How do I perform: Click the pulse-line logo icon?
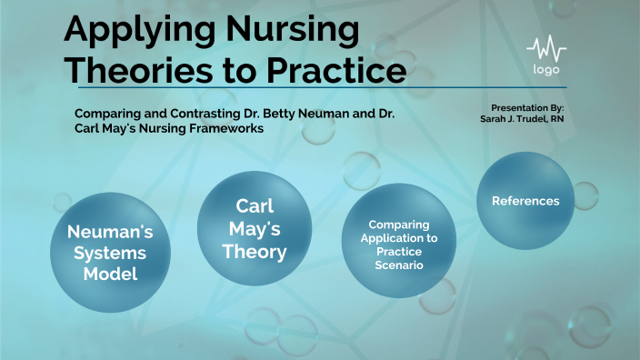pyautogui.click(x=546, y=47)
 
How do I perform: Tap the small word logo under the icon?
pyautogui.click(x=546, y=70)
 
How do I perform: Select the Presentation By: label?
pyautogui.click(x=527, y=107)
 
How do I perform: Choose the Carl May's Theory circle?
pyautogui.click(x=255, y=228)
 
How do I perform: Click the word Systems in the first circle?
pyautogui.click(x=110, y=252)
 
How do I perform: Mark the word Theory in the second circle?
pyautogui.click(x=255, y=251)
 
